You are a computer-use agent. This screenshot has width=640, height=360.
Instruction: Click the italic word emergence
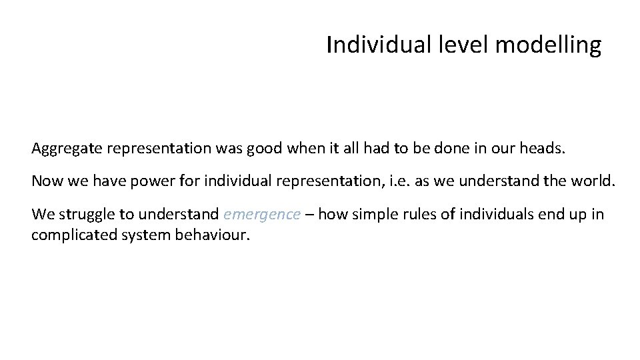(x=263, y=215)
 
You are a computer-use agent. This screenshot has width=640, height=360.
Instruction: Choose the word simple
(x=369, y=215)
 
